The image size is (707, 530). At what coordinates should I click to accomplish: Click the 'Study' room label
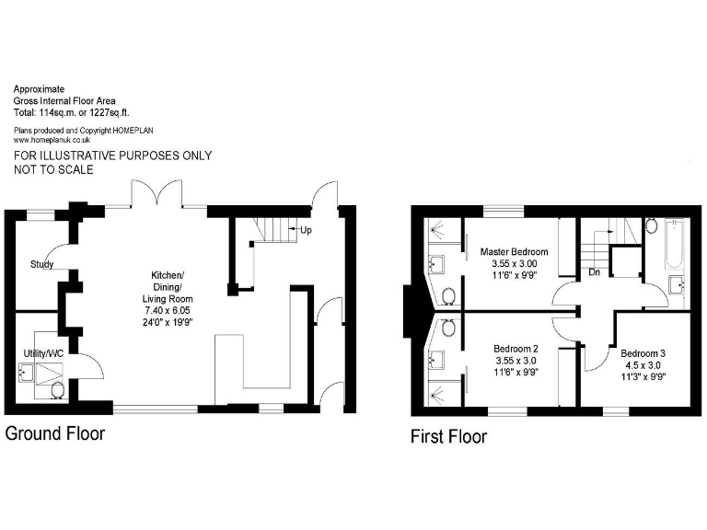tap(41, 264)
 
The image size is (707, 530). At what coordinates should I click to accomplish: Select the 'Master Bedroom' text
tap(515, 251)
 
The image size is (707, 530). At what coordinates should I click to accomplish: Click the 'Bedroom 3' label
tap(643, 352)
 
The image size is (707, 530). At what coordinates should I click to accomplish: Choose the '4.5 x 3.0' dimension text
tap(643, 364)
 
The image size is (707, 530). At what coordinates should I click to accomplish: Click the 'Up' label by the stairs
tap(306, 229)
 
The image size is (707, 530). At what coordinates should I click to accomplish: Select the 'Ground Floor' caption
tap(55, 432)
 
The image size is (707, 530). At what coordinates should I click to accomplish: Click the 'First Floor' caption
tap(448, 436)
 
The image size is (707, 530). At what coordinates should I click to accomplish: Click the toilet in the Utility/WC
tap(58, 391)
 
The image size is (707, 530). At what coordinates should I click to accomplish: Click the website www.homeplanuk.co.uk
tap(52, 140)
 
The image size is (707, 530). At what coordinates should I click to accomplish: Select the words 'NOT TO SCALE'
tap(54, 170)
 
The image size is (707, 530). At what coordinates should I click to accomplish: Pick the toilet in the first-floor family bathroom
tap(649, 225)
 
